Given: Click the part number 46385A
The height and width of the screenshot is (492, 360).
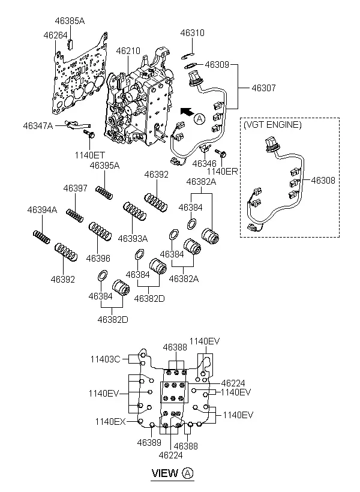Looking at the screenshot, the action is [70, 21].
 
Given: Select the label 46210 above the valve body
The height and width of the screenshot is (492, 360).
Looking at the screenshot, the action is [128, 51].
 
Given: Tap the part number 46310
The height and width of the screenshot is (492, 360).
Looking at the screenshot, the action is [192, 33].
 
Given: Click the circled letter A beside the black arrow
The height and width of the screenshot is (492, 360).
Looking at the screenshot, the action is [199, 119].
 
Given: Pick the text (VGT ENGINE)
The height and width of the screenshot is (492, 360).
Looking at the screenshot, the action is [272, 125].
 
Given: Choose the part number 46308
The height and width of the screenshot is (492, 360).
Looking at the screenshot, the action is [323, 181].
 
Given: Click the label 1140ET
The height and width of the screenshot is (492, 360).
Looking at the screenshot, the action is [90, 155].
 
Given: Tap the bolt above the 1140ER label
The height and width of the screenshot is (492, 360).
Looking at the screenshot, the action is [221, 154].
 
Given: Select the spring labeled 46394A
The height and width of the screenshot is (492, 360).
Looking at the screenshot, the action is [41, 237].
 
